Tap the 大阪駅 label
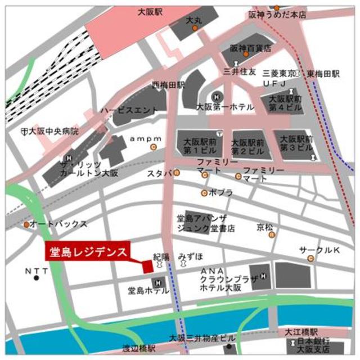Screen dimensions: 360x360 click(149, 11)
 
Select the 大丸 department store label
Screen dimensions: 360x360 click(194, 20)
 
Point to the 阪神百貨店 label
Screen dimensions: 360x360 click(250, 48)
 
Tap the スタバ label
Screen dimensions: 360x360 click(159, 173)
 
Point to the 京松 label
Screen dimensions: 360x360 click(264, 228)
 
